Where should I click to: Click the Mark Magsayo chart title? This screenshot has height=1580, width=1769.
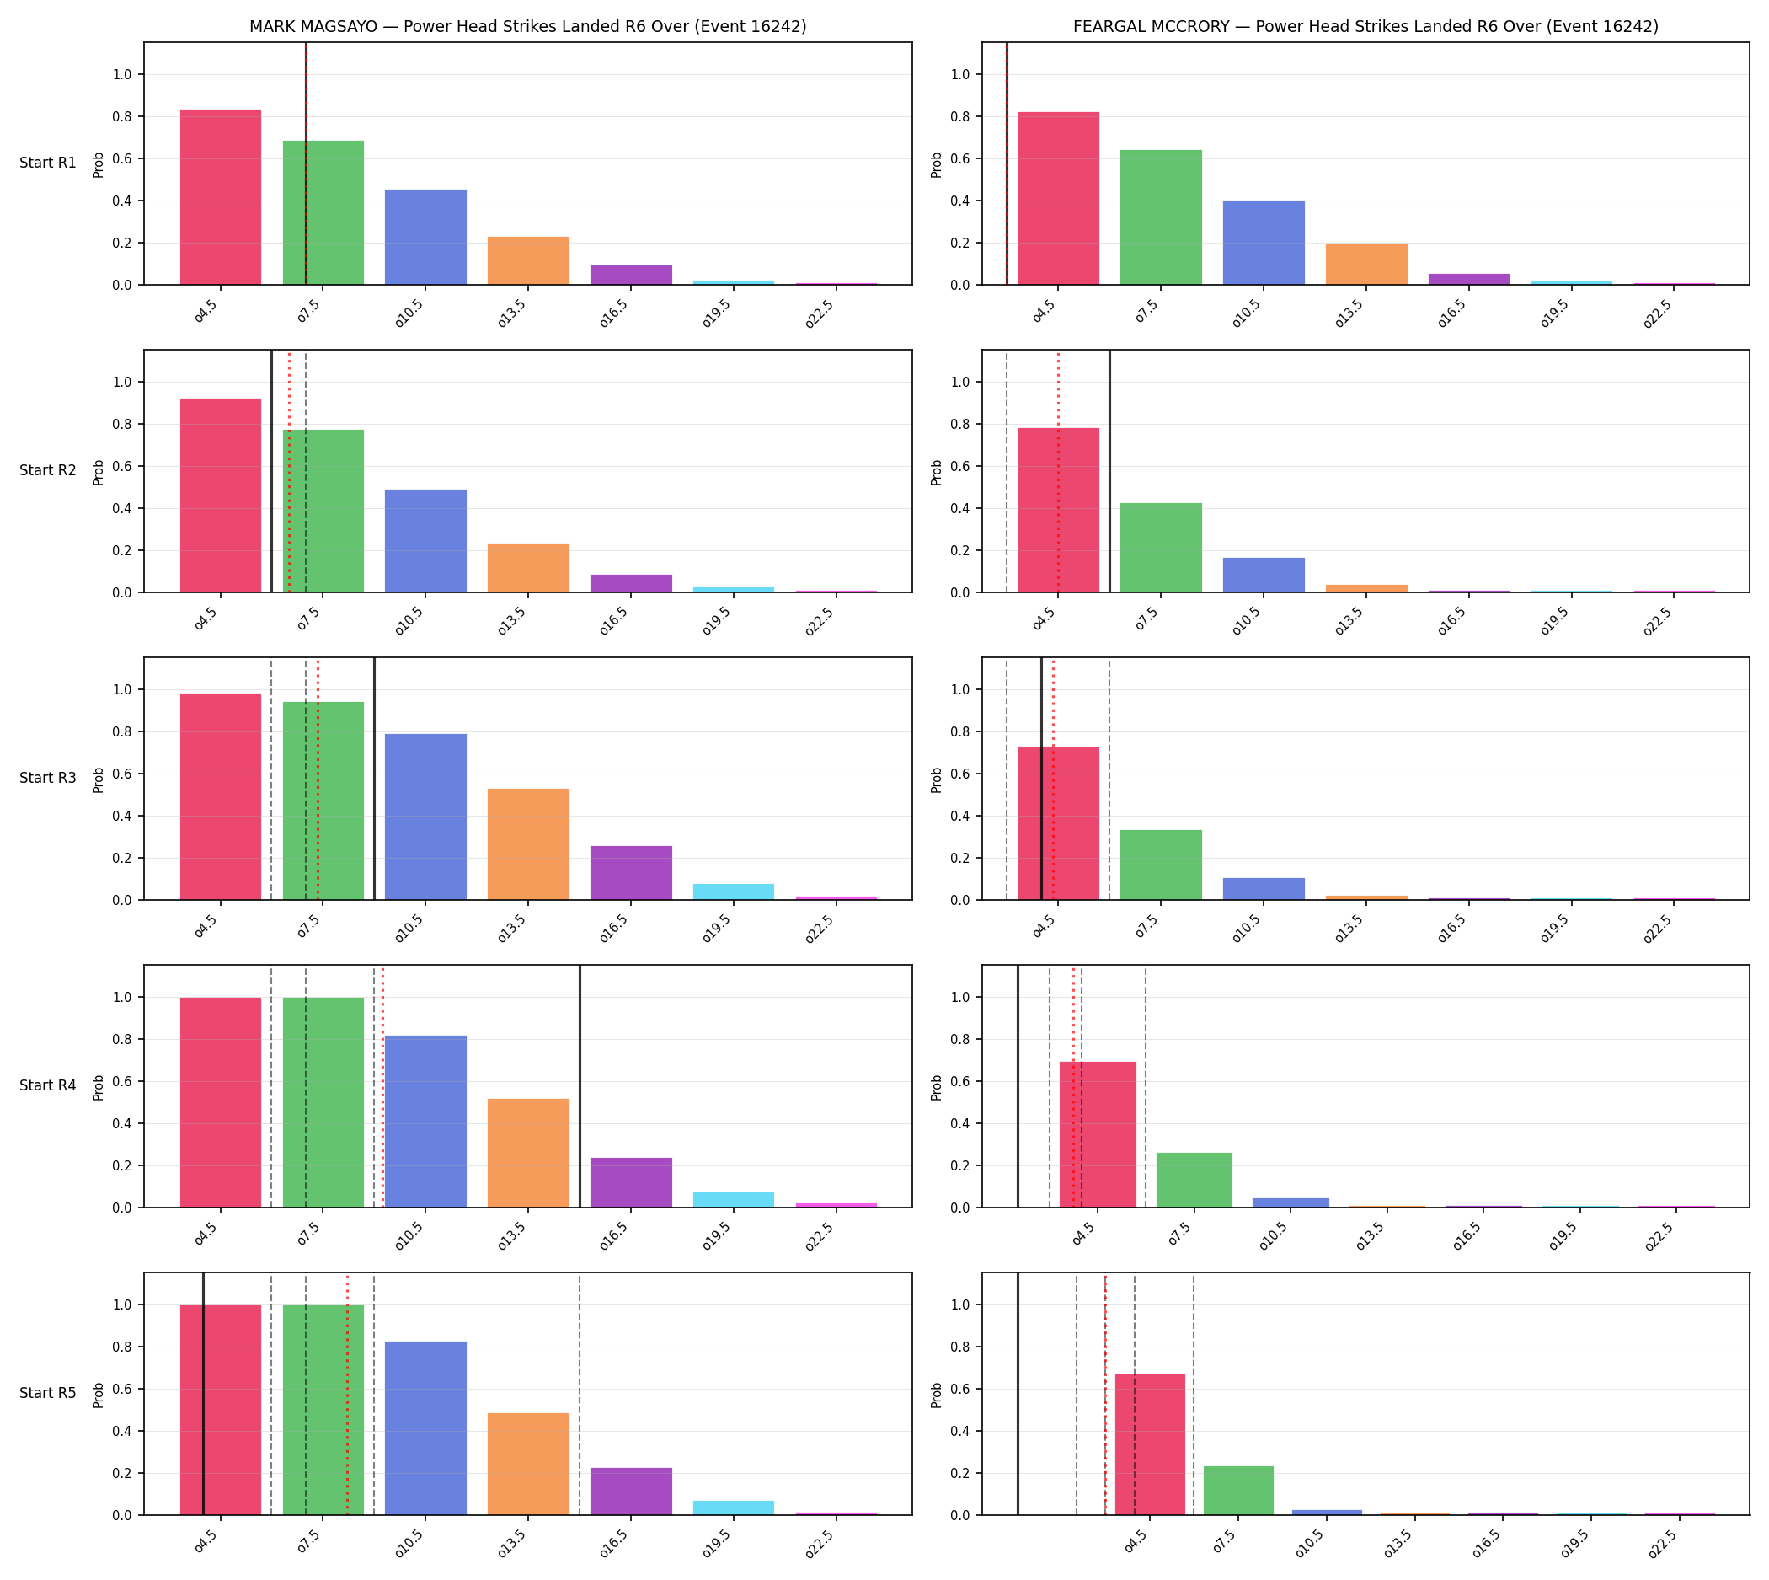click(527, 27)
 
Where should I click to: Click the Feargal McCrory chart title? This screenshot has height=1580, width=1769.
click(1365, 27)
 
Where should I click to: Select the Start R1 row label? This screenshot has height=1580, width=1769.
click(48, 163)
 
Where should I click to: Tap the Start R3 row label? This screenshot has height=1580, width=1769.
click(48, 778)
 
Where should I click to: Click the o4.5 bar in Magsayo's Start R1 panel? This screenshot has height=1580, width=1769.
click(221, 197)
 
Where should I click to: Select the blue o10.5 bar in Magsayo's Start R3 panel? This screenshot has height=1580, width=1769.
click(425, 817)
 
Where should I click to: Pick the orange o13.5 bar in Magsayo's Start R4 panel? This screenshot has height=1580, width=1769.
click(527, 1153)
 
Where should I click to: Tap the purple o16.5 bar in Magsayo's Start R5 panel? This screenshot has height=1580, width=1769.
click(631, 1492)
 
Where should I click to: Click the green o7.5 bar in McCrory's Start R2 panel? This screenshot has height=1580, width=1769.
click(1161, 548)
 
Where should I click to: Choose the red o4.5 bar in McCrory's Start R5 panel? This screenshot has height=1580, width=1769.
click(1149, 1444)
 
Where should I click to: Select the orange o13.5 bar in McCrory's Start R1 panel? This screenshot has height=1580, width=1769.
click(1366, 264)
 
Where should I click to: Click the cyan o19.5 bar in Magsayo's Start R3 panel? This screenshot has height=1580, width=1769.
click(734, 892)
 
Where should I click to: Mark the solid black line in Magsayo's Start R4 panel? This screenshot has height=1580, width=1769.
click(580, 1086)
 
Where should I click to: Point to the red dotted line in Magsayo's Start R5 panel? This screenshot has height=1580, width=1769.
click(347, 1395)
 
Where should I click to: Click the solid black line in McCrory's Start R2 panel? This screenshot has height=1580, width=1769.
click(1109, 471)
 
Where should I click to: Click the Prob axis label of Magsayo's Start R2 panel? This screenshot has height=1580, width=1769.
click(98, 472)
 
